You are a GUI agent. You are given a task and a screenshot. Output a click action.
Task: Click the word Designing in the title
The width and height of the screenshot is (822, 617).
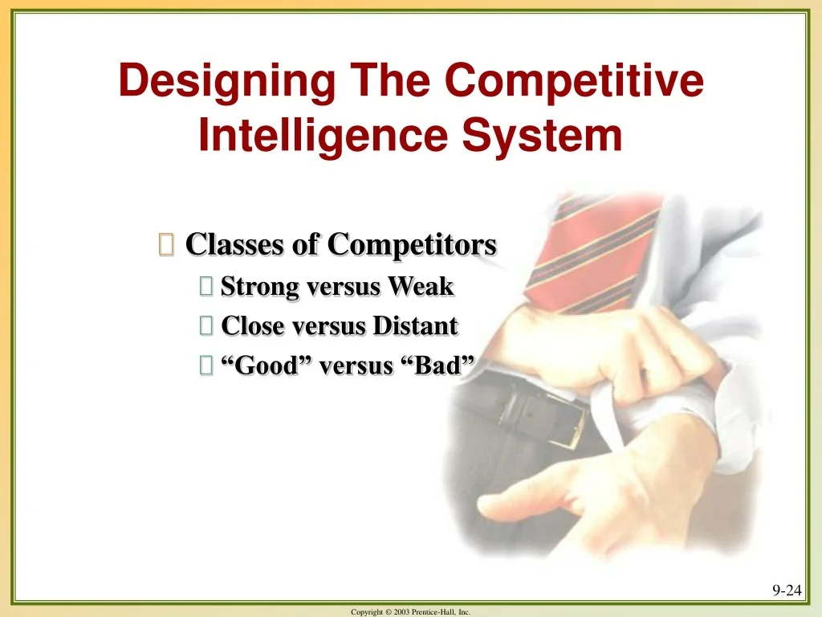227,82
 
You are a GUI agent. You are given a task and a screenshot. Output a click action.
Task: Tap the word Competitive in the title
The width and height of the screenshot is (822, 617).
575,82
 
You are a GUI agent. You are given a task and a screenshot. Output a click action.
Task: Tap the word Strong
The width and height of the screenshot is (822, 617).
259,286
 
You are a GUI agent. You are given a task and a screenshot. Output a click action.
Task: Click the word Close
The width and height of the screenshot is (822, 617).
252,326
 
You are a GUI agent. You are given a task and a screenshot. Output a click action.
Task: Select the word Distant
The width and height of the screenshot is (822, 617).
416,326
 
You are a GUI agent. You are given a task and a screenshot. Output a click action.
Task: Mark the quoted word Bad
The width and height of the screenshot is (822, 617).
437,366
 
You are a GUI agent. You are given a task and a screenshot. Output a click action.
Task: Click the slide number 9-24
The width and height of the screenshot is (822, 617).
787,590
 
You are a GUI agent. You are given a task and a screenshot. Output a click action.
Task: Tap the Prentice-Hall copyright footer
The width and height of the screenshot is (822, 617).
411,612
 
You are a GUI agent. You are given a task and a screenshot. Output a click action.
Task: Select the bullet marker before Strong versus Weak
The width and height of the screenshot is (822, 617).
205,287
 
